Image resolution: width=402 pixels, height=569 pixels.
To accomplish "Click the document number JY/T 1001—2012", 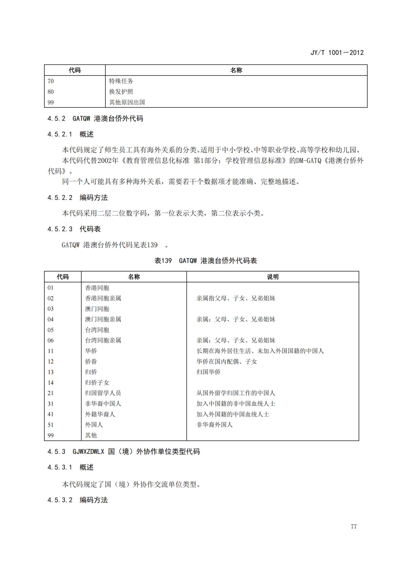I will (x=337, y=53).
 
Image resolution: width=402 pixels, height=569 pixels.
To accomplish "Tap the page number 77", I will (x=353, y=527).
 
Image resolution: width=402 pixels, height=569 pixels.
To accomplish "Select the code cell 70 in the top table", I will (x=51, y=81).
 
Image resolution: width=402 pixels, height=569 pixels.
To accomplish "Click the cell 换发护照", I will (x=121, y=92).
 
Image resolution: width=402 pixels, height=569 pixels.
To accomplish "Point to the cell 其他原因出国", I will (x=127, y=102).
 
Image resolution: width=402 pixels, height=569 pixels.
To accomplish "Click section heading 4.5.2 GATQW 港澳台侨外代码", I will (x=95, y=119).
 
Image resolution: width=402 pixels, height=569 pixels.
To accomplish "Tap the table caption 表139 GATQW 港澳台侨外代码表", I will (x=205, y=261).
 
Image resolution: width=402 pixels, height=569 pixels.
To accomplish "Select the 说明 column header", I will (x=273, y=277).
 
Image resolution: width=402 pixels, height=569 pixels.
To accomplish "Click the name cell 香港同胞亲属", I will (x=103, y=298).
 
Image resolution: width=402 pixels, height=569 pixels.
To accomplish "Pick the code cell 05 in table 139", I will (x=50, y=330).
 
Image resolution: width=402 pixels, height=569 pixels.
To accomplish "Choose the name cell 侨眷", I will (x=91, y=362).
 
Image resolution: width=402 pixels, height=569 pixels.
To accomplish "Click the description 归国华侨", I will (x=208, y=372).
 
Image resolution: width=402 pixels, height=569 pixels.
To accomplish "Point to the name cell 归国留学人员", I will (x=103, y=393).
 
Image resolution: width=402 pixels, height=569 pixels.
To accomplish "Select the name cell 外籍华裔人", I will (x=100, y=414).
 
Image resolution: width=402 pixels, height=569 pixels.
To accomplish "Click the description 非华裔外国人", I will (x=215, y=425).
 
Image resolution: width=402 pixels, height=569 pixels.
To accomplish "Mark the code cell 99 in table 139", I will (x=50, y=435).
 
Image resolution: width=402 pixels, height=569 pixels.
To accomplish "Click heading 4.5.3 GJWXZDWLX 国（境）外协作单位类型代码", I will (x=123, y=452).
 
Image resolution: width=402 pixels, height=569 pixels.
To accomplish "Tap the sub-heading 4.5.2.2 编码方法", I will (x=77, y=198).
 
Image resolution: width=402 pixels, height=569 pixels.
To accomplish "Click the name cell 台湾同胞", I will (x=97, y=330).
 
